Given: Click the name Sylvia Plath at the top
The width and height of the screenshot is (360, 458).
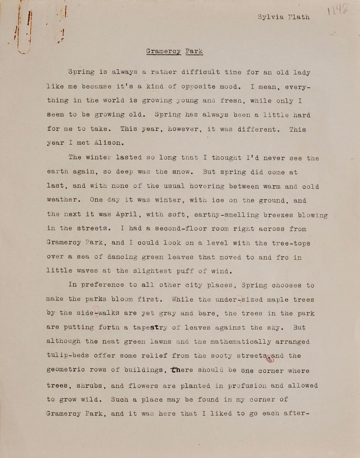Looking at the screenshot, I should [283, 17].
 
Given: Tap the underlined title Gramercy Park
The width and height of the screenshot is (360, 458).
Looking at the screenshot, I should [174, 51].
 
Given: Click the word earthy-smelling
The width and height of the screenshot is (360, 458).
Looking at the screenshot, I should [223, 215].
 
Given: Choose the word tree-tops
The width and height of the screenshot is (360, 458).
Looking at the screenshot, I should [291, 243].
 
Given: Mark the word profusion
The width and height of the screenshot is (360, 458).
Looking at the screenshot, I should [247, 385].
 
